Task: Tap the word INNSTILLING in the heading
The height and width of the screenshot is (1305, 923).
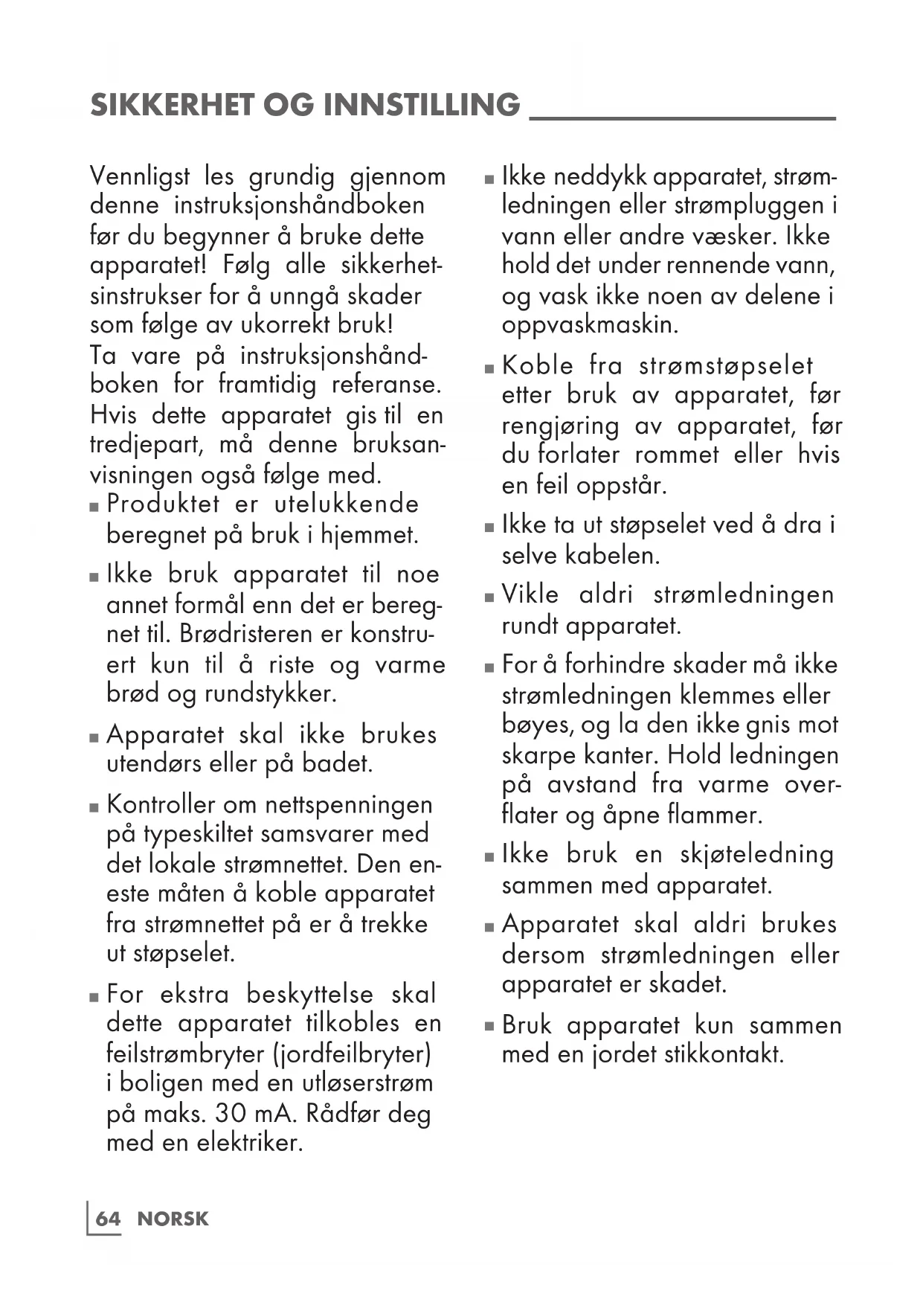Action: (422, 105)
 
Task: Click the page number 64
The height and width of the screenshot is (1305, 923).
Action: (108, 1219)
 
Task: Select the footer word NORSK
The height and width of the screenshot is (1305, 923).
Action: (173, 1219)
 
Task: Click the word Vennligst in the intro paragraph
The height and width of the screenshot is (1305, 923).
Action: (139, 177)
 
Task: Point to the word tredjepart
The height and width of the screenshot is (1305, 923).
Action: (146, 445)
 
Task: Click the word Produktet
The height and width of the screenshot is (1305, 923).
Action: (163, 504)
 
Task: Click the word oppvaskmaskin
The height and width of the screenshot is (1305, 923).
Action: (590, 325)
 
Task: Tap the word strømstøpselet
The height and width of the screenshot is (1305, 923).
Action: (726, 366)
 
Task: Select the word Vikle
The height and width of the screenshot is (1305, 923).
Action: (530, 594)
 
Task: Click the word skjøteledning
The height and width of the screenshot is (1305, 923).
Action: (756, 854)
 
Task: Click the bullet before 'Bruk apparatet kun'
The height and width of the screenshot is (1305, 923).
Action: (489, 1027)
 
